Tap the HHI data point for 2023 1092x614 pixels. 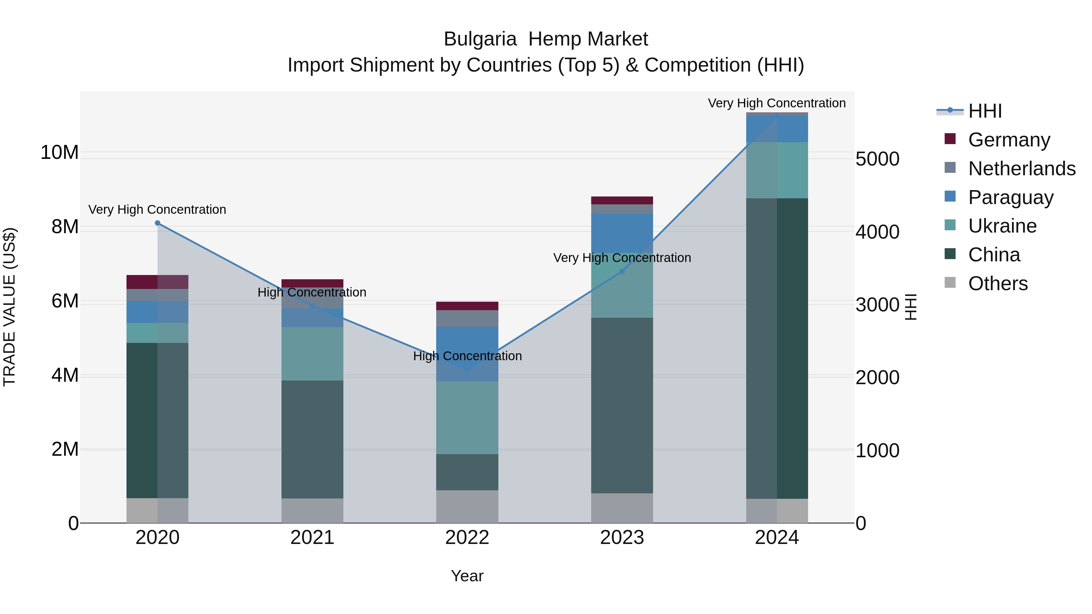tap(622, 271)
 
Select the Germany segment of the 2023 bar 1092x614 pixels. tap(622, 200)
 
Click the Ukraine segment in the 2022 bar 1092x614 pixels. tap(467, 418)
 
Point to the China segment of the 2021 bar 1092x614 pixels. tap(312, 439)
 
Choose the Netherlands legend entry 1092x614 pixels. tap(1022, 169)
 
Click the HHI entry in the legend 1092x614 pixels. tap(985, 111)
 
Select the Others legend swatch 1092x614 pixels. tap(950, 282)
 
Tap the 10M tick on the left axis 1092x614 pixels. tap(59, 153)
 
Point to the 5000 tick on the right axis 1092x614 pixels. tap(877, 159)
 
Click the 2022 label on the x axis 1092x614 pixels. tap(467, 538)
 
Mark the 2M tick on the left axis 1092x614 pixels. tap(65, 449)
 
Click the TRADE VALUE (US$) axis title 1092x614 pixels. tap(9, 307)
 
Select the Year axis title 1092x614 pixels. tap(467, 576)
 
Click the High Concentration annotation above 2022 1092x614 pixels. tap(467, 356)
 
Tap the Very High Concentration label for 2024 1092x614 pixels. tap(777, 103)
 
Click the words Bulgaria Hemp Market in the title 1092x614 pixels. tap(546, 39)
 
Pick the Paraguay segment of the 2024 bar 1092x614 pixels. tap(777, 129)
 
